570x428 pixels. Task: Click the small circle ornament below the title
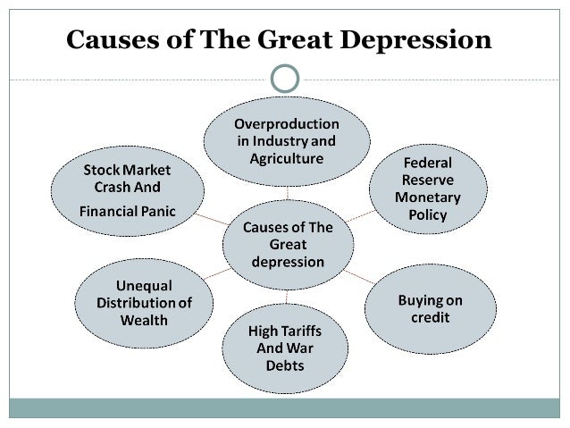pyautogui.click(x=286, y=79)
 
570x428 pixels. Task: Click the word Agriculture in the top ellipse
pyautogui.click(x=286, y=158)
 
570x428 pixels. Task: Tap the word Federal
pyautogui.click(x=427, y=164)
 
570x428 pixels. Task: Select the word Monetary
pyautogui.click(x=427, y=197)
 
